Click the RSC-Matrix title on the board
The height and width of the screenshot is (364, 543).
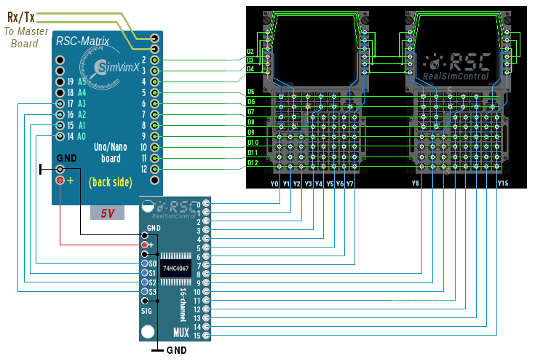point(82,42)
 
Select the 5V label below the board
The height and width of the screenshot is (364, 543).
point(108,213)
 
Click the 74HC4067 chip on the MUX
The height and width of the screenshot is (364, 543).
point(175,267)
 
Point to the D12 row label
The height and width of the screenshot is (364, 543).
point(252,163)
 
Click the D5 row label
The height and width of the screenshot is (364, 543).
point(251,92)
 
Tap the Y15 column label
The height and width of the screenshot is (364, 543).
point(503,183)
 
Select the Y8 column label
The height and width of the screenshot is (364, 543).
point(416,183)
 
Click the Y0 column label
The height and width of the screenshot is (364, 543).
point(274,184)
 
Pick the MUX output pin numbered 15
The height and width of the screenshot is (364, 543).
point(206,336)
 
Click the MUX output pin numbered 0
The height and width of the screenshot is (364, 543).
point(206,204)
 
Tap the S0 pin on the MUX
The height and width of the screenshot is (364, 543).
point(145,264)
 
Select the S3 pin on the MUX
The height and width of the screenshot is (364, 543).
point(145,291)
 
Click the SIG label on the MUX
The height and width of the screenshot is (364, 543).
point(146,310)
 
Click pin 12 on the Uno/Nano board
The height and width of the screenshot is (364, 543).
point(154,169)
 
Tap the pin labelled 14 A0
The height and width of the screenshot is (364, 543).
point(60,136)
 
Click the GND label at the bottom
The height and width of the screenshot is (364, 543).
point(176,350)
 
